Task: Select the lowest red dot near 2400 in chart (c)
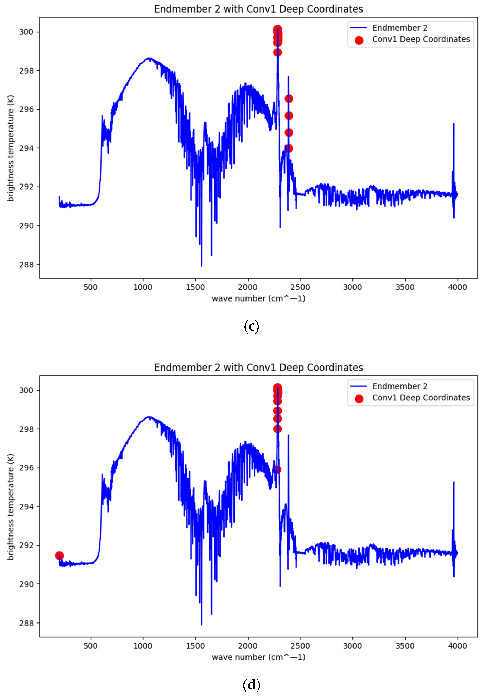pyautogui.click(x=289, y=148)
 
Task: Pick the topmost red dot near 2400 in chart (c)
pyautogui.click(x=289, y=99)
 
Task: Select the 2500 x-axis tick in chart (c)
pyautogui.click(x=300, y=287)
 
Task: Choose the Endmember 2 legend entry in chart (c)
pyautogui.click(x=399, y=28)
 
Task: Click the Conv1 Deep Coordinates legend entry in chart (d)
pyautogui.click(x=421, y=398)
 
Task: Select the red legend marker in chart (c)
pyautogui.click(x=359, y=40)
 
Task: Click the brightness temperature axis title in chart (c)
pyautogui.click(x=11, y=148)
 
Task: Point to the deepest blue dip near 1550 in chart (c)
pyautogui.click(x=202, y=266)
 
